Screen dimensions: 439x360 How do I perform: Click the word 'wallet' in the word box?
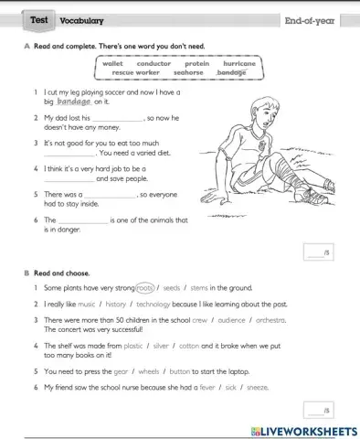click(x=113, y=63)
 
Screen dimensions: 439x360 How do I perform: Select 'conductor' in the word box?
click(x=154, y=63)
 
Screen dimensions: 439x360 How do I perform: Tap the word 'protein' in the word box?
click(x=197, y=63)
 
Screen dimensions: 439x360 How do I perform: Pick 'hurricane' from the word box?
click(x=239, y=63)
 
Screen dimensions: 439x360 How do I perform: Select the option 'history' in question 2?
click(x=116, y=303)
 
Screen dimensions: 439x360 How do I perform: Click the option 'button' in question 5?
click(x=179, y=370)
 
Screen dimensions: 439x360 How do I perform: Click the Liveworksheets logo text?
click(x=301, y=430)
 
